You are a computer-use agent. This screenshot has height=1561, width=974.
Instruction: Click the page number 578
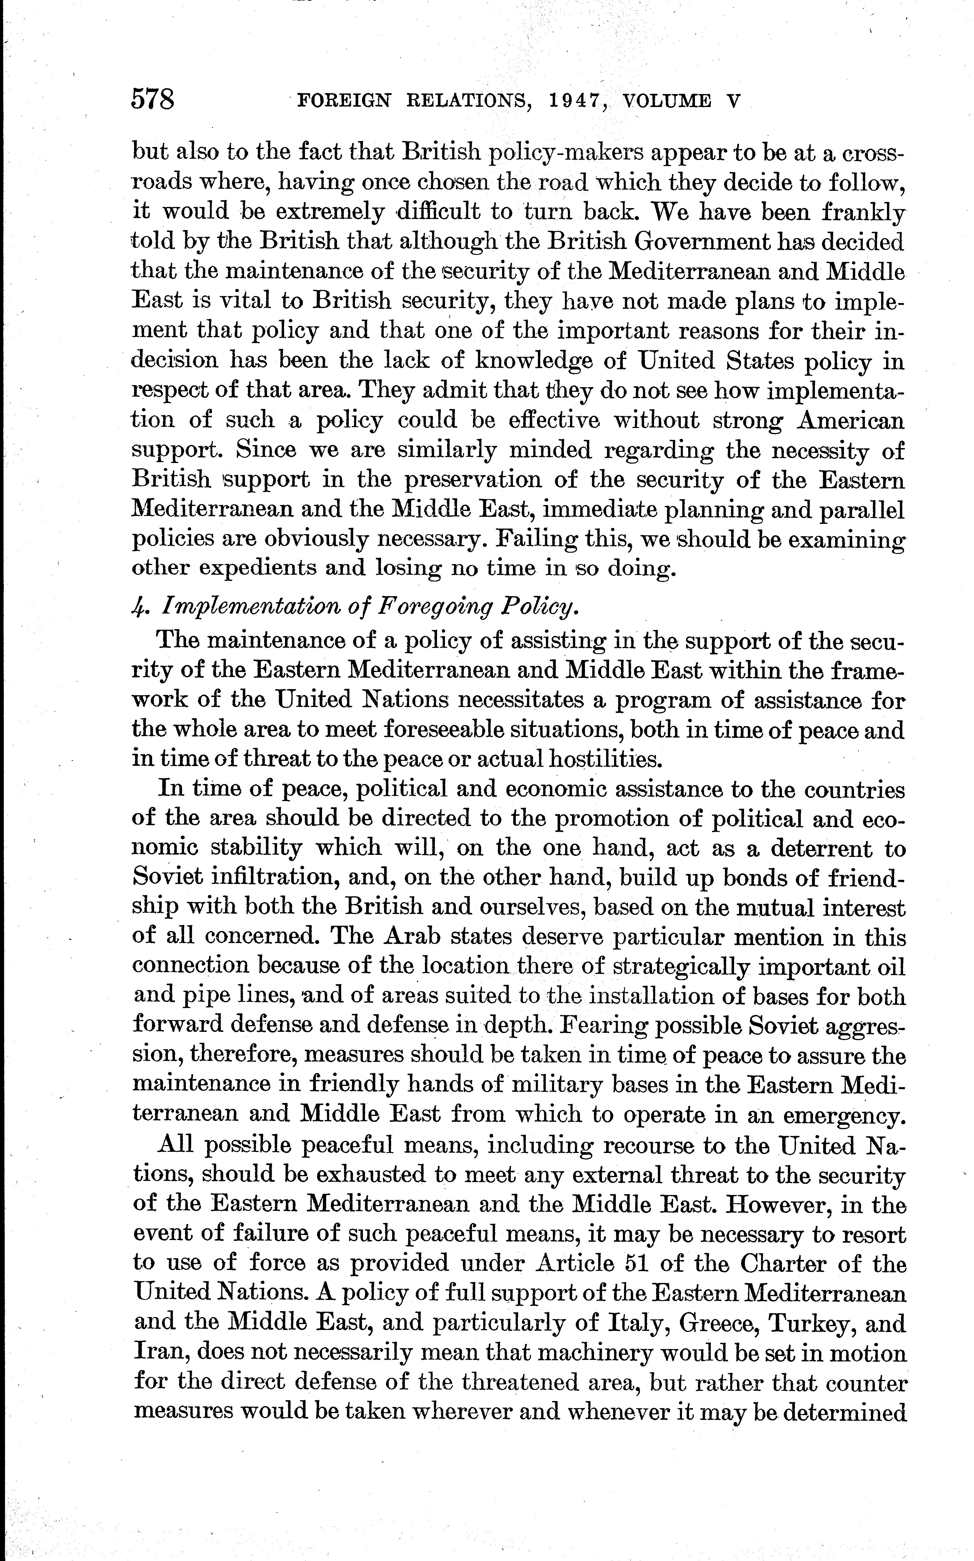coord(153,101)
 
